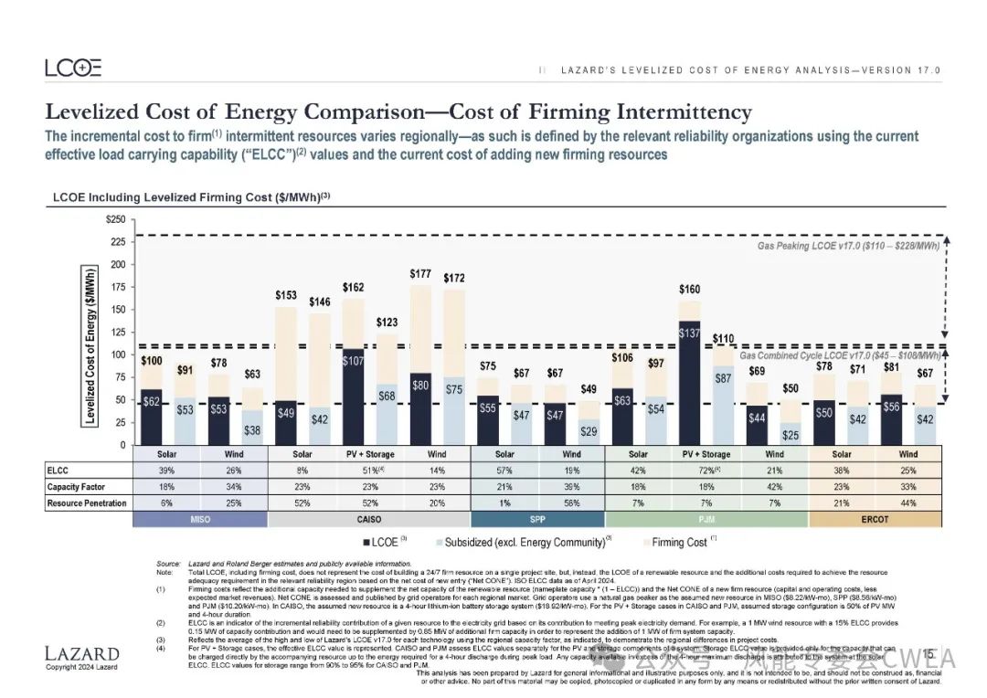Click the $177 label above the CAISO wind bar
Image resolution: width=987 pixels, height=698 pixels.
point(420,274)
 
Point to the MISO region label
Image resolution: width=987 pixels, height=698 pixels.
point(200,520)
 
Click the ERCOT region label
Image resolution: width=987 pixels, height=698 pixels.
point(875,520)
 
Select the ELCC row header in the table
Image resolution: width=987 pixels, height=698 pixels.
point(58,471)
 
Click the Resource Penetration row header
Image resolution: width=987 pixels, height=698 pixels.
point(87,503)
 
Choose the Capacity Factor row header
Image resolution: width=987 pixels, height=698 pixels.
point(77,487)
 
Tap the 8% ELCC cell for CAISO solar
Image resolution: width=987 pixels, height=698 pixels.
point(302,471)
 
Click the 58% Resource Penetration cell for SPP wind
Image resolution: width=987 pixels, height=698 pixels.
point(571,503)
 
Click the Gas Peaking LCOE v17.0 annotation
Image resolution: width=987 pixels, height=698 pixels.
point(847,247)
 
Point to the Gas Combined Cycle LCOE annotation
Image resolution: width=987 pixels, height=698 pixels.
point(839,355)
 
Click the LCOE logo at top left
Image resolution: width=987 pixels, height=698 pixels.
point(73,68)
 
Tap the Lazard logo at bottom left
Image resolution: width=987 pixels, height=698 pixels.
point(82,653)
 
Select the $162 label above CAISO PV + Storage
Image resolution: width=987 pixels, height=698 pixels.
point(353,288)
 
